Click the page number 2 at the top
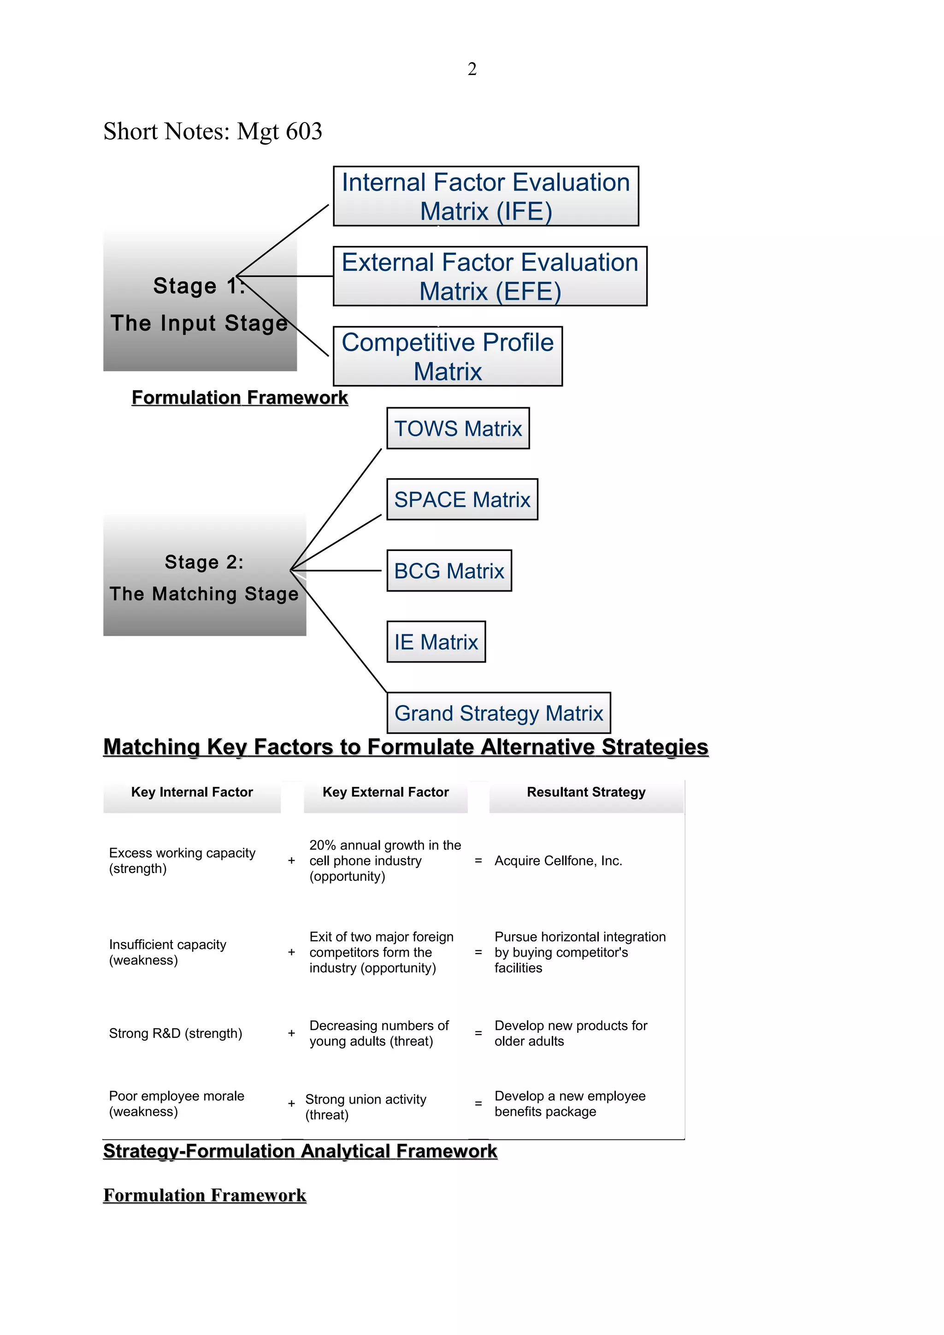click(472, 69)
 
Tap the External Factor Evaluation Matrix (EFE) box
click(490, 276)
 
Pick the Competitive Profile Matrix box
click(447, 357)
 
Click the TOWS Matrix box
click(458, 428)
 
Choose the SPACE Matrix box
click(462, 499)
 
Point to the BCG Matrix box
click(449, 571)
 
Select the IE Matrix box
click(436, 642)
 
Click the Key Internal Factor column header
click(192, 792)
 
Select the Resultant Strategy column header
click(586, 792)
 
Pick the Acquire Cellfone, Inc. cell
click(558, 861)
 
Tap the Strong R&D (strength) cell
click(175, 1033)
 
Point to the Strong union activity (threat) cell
click(365, 1107)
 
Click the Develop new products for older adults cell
click(571, 1033)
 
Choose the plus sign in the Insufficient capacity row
click(291, 952)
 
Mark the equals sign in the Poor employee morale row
click(478, 1104)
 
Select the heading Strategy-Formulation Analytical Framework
click(300, 1151)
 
